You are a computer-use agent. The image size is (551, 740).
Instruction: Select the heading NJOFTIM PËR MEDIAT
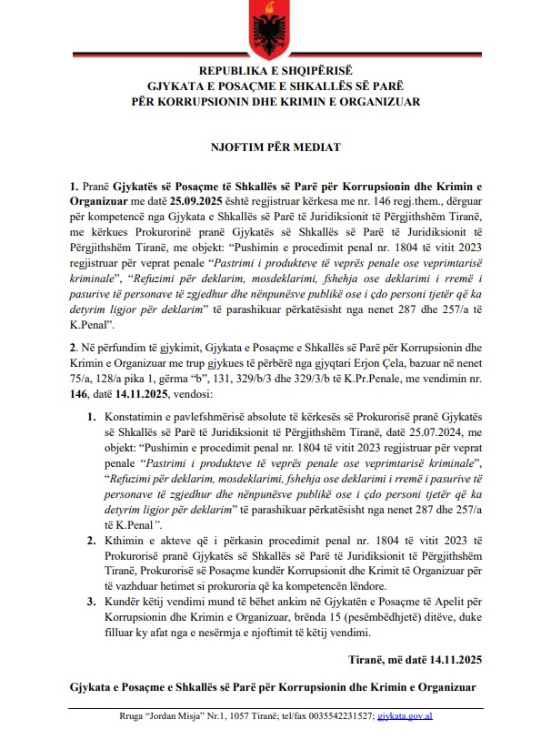pyautogui.click(x=275, y=146)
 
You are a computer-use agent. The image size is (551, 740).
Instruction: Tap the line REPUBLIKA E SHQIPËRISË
pyautogui.click(x=275, y=70)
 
